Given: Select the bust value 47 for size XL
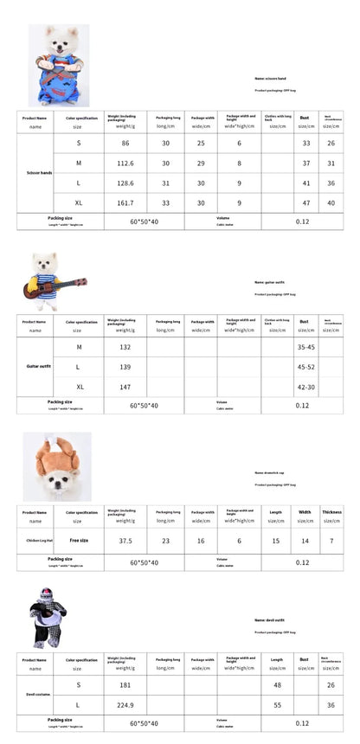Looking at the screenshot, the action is (305, 202).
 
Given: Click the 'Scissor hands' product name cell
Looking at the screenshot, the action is (39, 173).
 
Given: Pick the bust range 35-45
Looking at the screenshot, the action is (306, 347).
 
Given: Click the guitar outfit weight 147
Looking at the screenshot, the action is (125, 387).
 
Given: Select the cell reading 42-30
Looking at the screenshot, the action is (306, 387).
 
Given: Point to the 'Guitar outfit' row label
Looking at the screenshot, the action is (39, 367).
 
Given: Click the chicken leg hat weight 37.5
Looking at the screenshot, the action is (125, 540).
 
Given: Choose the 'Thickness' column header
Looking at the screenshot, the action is (332, 511).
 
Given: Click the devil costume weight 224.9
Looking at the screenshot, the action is (125, 704).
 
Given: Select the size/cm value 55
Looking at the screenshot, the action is (277, 704).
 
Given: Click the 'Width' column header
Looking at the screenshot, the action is (305, 511).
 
